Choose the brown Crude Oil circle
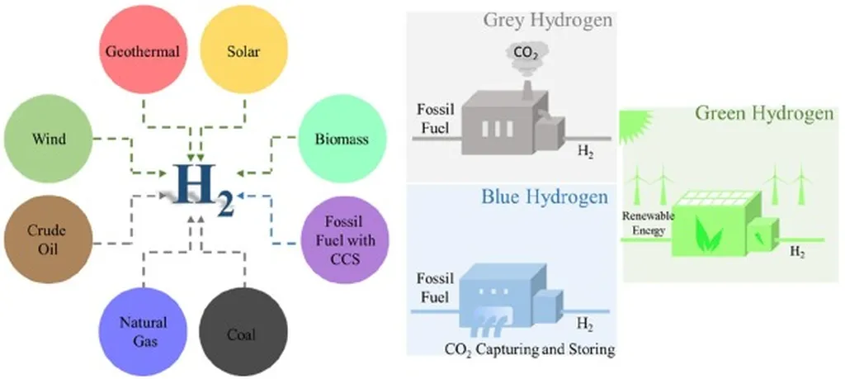click(47, 239)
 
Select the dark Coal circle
click(243, 329)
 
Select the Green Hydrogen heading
click(763, 112)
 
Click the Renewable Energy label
click(650, 222)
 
